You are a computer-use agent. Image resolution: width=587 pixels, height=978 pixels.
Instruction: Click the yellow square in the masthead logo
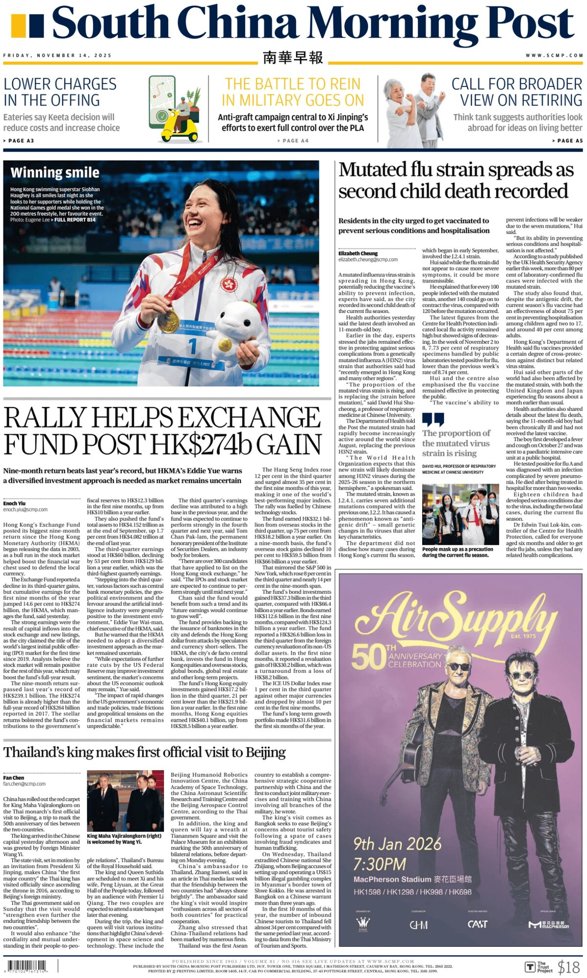18,26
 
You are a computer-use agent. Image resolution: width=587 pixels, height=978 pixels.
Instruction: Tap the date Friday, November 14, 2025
57,55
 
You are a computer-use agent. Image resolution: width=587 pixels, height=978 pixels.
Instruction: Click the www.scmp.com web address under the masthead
554,55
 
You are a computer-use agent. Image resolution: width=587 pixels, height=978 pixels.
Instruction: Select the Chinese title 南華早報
293,57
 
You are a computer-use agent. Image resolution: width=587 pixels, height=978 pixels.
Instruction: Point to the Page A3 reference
19,141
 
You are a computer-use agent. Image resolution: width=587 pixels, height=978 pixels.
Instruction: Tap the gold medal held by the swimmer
169,320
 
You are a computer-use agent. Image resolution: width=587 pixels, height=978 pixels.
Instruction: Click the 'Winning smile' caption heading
55,173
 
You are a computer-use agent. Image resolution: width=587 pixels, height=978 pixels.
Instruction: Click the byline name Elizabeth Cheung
358,253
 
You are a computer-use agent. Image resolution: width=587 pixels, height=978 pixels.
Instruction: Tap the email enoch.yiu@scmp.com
25,510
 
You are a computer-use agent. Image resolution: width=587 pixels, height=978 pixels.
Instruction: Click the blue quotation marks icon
433,420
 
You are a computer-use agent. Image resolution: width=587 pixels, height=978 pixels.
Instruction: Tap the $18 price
568,967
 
